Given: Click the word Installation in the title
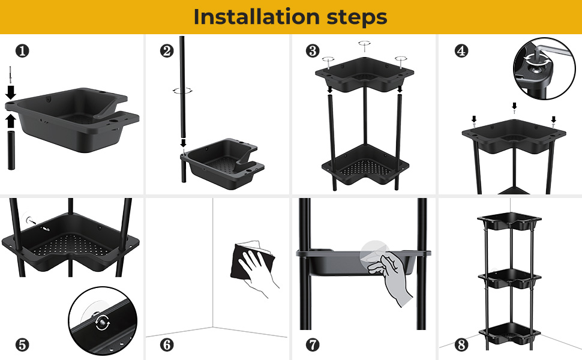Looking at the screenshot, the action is click(256, 17).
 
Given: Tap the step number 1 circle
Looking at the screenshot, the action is click(22, 51).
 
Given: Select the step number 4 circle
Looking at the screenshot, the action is click(461, 51).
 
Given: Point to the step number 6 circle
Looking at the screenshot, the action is click(167, 345).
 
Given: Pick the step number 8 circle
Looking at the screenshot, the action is click(461, 345).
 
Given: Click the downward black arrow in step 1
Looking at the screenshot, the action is click(11, 92).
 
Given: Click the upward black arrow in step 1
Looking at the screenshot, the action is click(11, 121).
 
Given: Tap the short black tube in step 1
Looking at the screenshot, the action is click(11, 150).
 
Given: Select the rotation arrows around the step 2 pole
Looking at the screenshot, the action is click(182, 90).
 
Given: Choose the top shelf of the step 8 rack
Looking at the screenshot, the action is click(509, 221).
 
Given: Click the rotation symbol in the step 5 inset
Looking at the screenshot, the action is click(103, 322).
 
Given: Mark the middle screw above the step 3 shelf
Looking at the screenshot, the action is click(364, 46).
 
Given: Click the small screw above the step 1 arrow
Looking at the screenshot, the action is click(10, 76).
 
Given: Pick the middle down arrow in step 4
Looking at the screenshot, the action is click(514, 107).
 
